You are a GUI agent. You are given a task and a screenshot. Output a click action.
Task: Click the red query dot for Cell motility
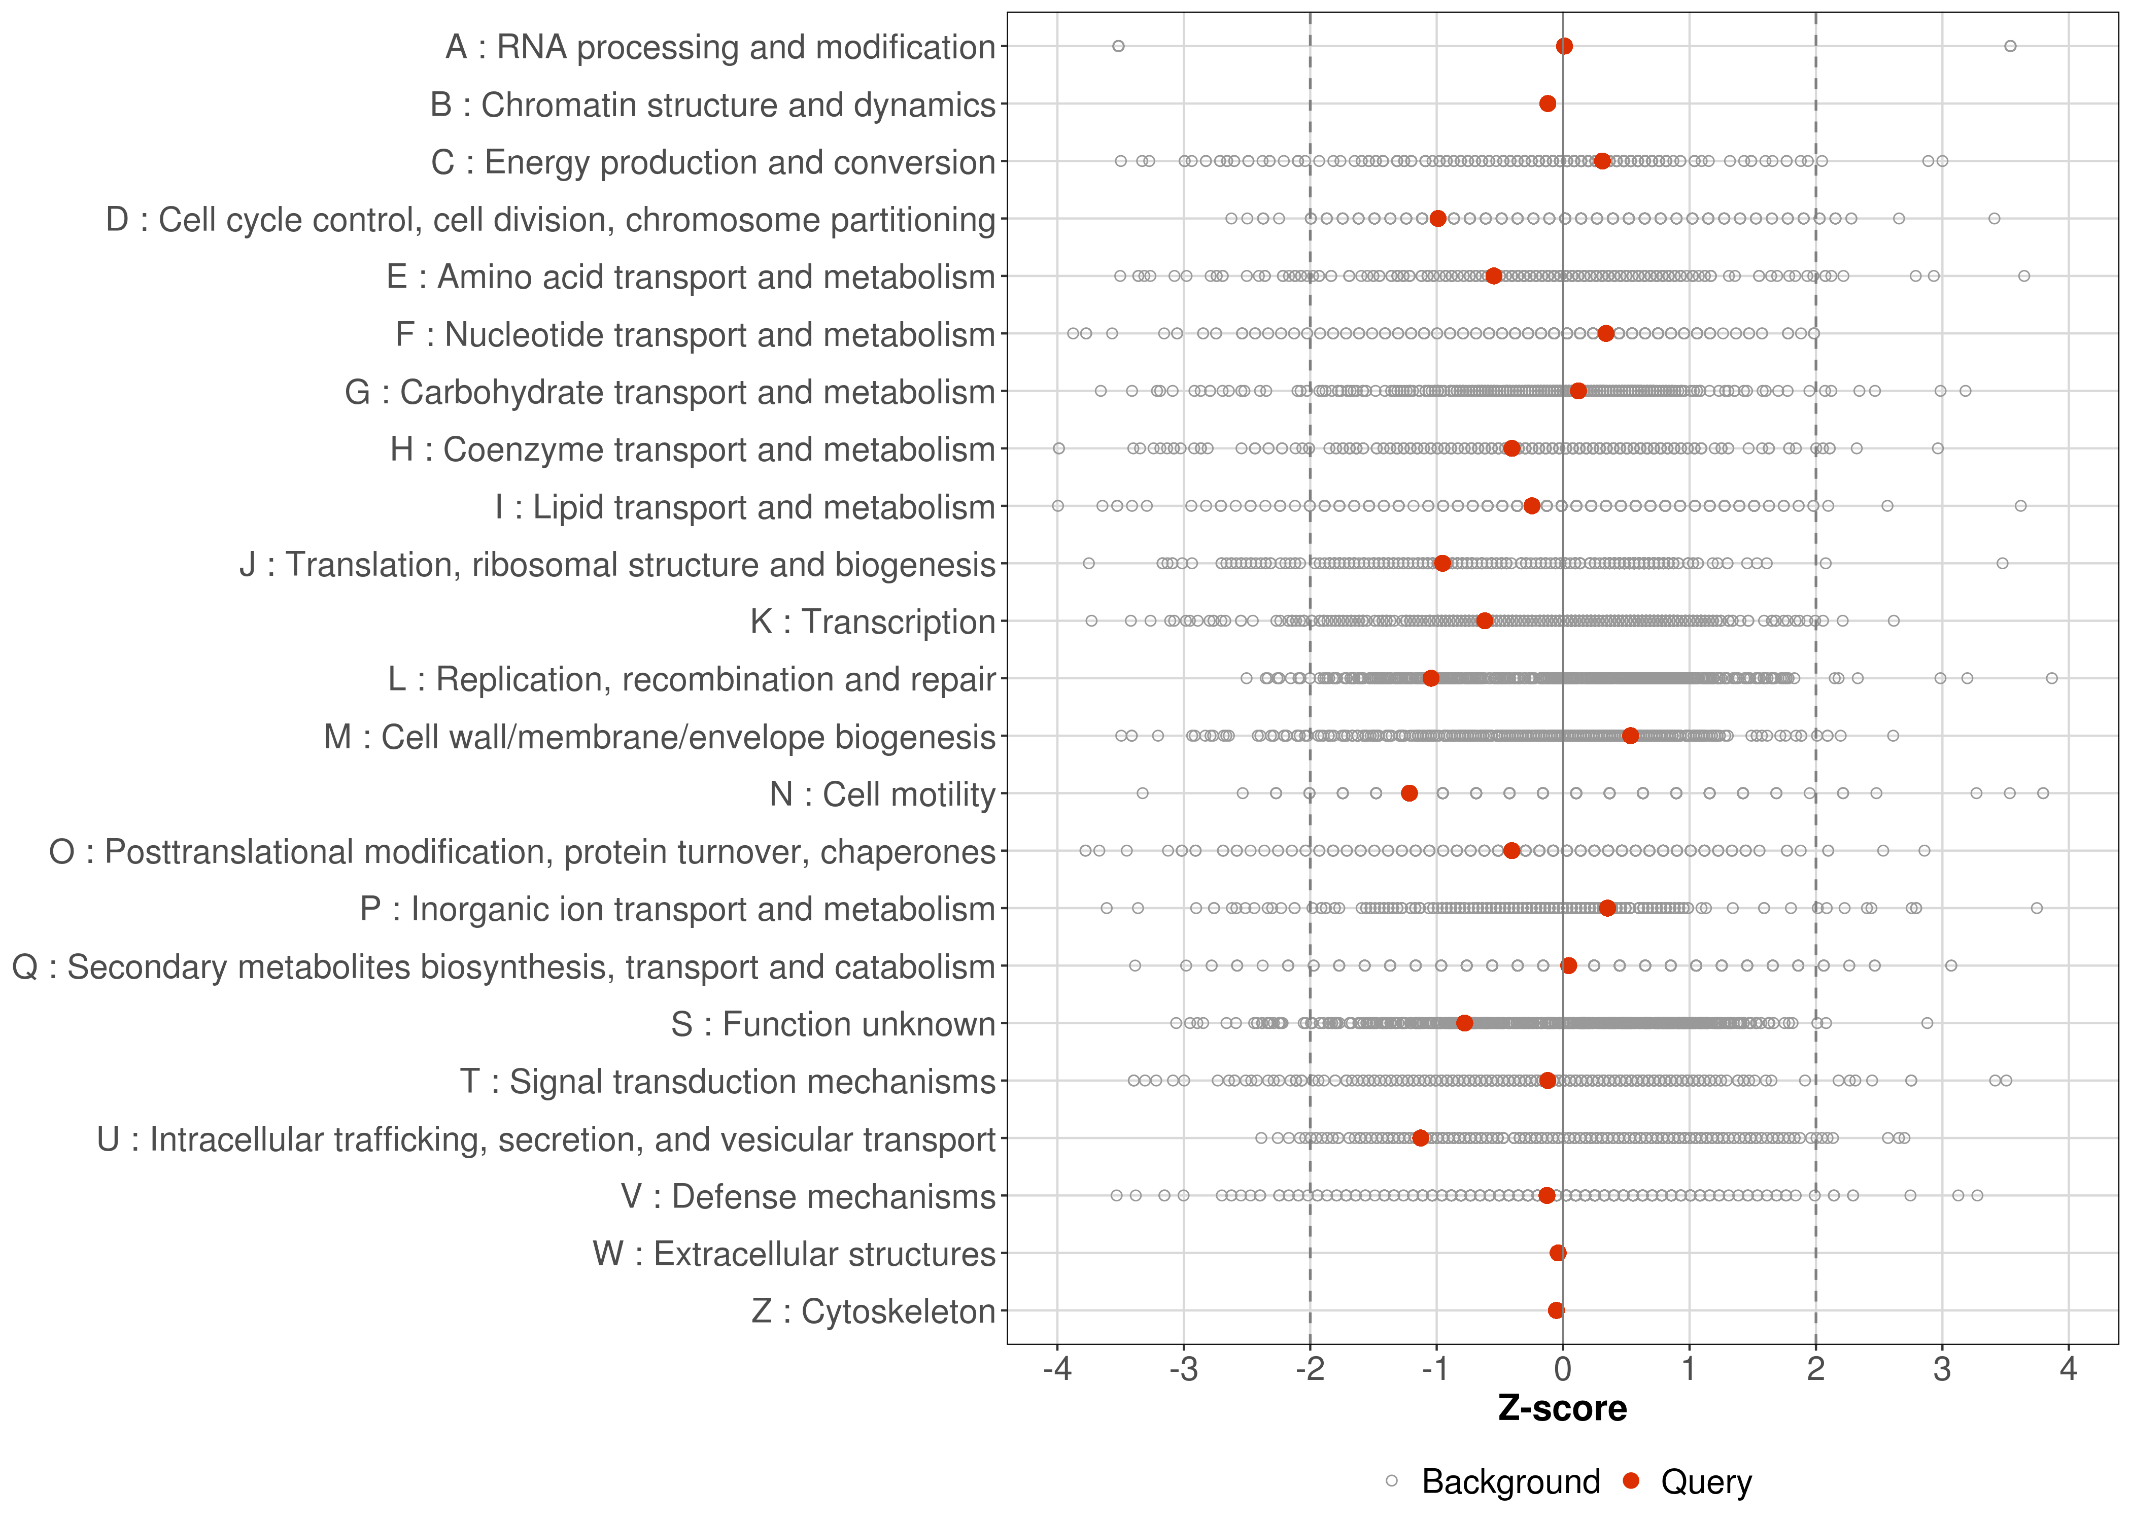coord(1408,793)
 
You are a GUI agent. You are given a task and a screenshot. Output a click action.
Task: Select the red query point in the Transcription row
coord(1485,620)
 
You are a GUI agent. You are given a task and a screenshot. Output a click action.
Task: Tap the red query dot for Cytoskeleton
coord(1556,1310)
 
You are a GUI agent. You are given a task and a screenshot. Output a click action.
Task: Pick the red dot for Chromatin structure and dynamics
coord(1547,103)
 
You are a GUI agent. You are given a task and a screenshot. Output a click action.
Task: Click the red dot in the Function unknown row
coord(1464,1022)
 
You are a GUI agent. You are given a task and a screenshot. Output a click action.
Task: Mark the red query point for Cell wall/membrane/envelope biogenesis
coord(1631,736)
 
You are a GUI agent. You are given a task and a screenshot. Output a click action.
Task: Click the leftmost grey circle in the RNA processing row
coord(1118,46)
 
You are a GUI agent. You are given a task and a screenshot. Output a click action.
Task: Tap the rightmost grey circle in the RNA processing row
coord(2010,46)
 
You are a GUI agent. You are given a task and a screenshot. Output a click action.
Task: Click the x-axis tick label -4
coord(1057,1369)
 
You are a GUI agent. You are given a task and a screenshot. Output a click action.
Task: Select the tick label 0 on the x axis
coord(1562,1369)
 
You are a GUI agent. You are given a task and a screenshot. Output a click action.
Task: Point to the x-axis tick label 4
coord(2068,1369)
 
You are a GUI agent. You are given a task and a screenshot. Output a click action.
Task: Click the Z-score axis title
coord(1562,1408)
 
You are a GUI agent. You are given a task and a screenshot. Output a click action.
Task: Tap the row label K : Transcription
coord(873,621)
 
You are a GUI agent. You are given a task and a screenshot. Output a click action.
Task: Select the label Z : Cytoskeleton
coord(873,1311)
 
